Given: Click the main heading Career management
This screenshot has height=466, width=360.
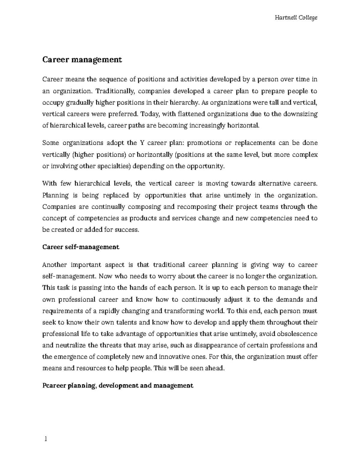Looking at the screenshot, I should point(82,60).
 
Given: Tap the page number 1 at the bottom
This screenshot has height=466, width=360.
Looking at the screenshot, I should point(46,439).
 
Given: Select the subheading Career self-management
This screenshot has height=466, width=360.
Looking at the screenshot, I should point(81,247).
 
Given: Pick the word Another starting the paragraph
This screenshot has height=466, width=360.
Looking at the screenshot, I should point(54,265).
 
